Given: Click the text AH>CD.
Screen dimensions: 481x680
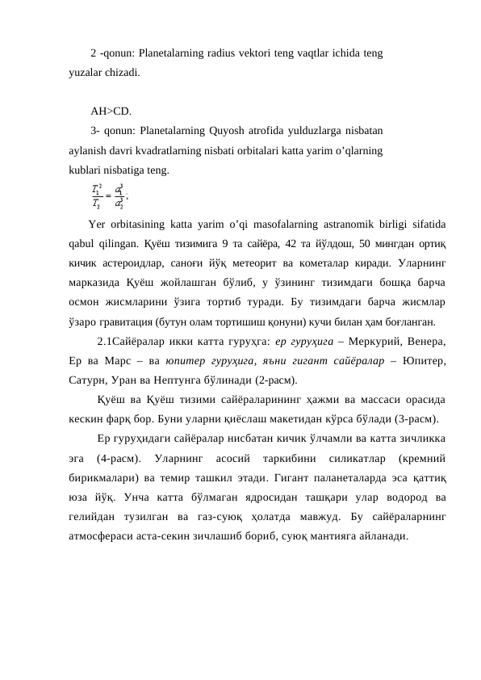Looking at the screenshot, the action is click(111, 111).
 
